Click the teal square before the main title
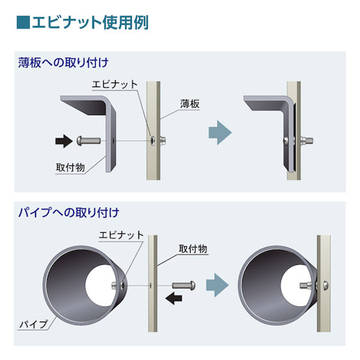22,23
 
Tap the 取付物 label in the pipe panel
193,248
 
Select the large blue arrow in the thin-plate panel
220,131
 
